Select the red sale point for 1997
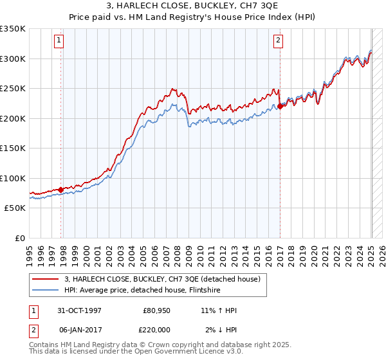pos(61,190)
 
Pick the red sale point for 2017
pos(280,107)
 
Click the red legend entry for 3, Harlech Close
pos(161,279)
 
